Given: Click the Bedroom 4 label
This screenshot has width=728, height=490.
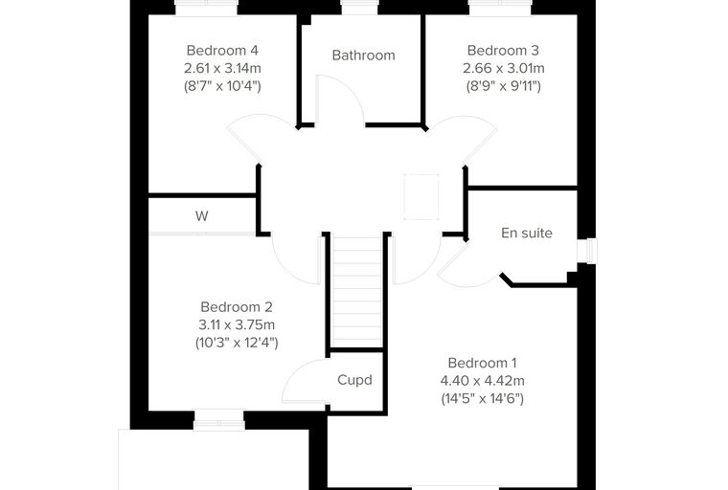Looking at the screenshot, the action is [x=222, y=50].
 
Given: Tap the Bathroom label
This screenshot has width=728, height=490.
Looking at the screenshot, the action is [x=364, y=56].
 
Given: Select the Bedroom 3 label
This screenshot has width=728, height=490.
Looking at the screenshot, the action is [x=503, y=50].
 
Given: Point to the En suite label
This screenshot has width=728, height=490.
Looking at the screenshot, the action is [x=527, y=233].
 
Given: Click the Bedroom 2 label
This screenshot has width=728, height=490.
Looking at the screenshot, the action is [x=237, y=306].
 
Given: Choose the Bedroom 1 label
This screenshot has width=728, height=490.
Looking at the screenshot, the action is [x=482, y=363].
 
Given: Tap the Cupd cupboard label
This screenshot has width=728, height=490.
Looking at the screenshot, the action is [x=354, y=380].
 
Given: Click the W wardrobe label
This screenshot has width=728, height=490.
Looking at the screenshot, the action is [x=201, y=215].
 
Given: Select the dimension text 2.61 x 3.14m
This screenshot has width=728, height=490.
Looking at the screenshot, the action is [x=222, y=68].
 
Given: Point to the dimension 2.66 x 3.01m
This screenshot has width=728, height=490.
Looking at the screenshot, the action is [x=503, y=68].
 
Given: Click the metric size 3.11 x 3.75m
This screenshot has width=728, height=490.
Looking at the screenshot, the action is [x=237, y=324].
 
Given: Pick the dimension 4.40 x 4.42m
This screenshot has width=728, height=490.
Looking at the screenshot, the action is [x=482, y=381].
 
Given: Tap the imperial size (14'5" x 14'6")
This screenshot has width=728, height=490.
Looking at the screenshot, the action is [x=482, y=398].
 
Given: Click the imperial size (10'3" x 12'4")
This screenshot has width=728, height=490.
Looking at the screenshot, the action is [x=237, y=343].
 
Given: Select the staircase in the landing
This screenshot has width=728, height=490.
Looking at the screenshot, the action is [x=357, y=291].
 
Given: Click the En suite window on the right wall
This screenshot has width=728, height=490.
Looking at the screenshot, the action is [x=588, y=251].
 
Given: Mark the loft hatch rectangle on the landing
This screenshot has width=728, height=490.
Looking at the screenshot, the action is [x=421, y=197].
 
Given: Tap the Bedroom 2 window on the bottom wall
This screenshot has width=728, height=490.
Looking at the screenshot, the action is [x=219, y=420].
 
